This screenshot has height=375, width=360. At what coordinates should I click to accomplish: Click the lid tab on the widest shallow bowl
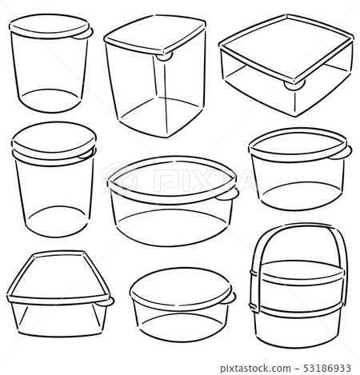(228, 194)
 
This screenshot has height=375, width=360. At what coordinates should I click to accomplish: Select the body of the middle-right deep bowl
(298, 180)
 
